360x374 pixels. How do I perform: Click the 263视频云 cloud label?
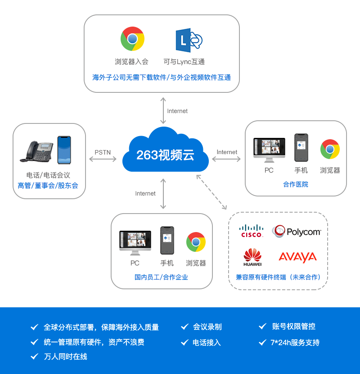pos(165,155)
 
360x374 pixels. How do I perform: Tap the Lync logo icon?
pos(189,40)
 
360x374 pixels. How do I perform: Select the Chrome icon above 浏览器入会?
pos(132,39)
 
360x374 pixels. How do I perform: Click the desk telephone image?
pos(36,151)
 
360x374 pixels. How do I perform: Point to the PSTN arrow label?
pos(103,152)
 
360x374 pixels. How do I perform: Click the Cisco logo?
pos(252,231)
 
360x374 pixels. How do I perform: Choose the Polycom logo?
pos(297,232)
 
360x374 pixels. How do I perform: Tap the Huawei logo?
pos(252,257)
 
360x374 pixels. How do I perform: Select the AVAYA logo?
pos(297,257)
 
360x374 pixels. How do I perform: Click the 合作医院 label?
pos(296,184)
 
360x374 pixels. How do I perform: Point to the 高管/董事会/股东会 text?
pos(48,185)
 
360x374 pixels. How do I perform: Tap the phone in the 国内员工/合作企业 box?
pos(167,240)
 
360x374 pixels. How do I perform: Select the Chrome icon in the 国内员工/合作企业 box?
pos(196,242)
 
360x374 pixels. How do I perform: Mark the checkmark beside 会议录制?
pos(184,327)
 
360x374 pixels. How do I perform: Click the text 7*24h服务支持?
pos(295,342)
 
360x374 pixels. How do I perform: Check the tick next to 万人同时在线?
pos(34,356)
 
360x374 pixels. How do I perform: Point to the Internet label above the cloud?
pos(177,111)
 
